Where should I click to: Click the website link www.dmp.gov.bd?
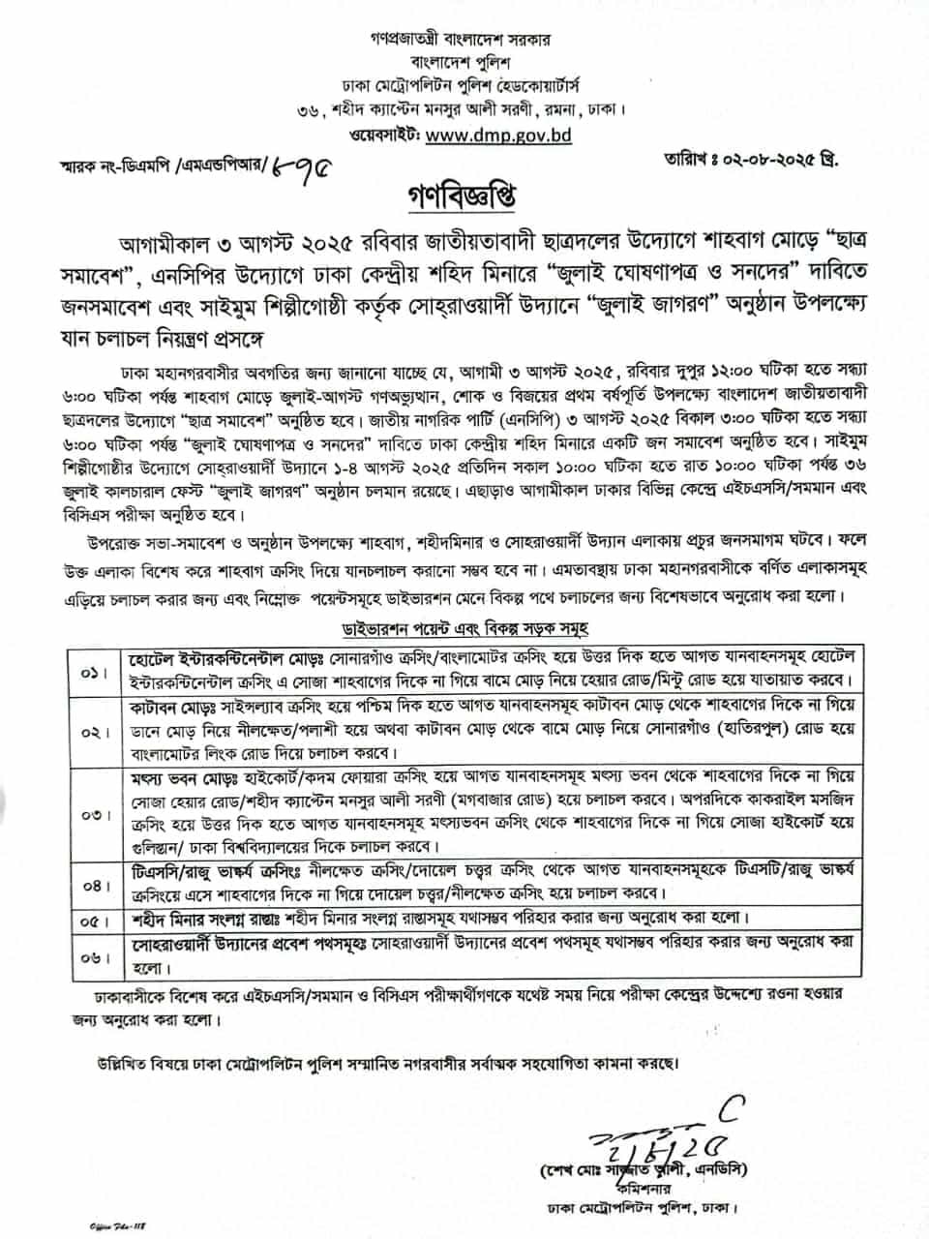[x=497, y=136]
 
